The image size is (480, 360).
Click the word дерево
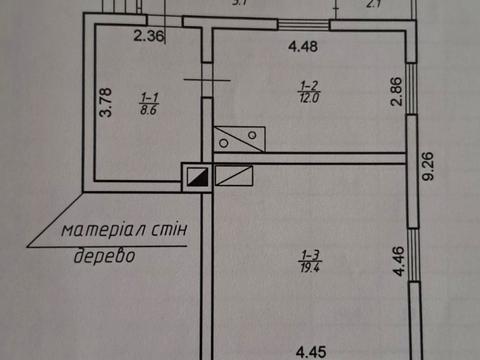pyautogui.click(x=106, y=256)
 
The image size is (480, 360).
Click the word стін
pyautogui.click(x=180, y=229)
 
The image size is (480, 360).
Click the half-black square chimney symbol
pyautogui.click(x=196, y=176)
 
